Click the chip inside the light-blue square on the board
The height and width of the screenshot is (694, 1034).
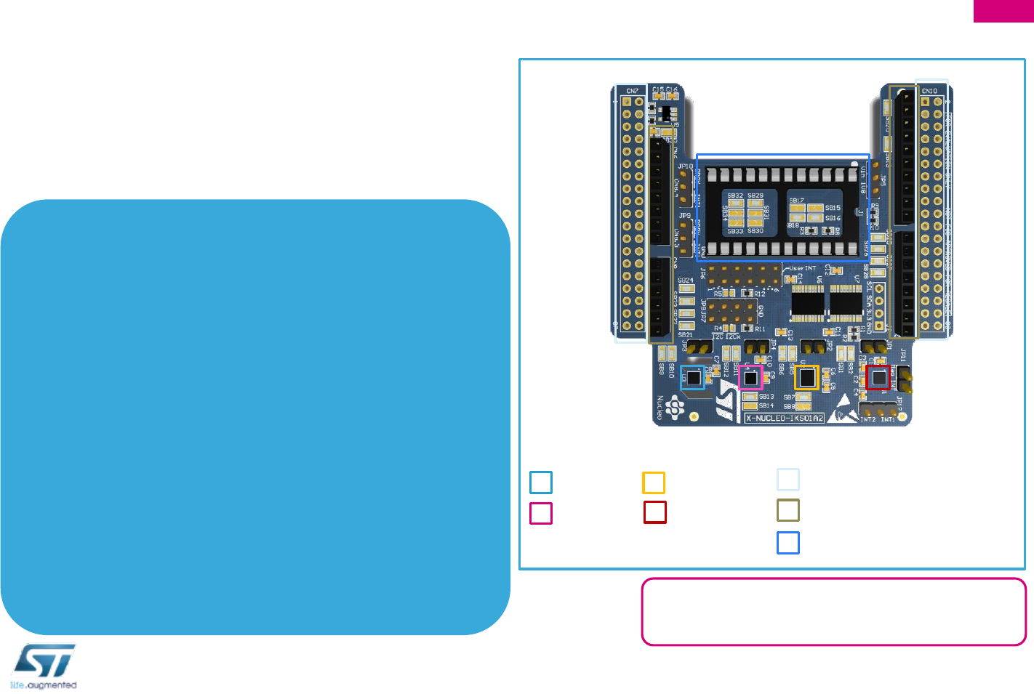click(693, 378)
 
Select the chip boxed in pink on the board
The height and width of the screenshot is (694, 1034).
click(750, 378)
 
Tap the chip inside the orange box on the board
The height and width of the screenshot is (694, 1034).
click(806, 377)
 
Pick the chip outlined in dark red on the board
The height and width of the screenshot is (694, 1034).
click(878, 377)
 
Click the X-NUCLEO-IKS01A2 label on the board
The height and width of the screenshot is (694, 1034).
click(785, 419)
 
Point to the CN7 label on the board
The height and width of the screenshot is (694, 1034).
click(632, 91)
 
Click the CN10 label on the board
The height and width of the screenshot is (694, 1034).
click(929, 91)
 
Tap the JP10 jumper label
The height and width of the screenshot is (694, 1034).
click(686, 166)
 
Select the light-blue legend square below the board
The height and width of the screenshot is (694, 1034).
click(541, 483)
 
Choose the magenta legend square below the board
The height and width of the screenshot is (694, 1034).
click(541, 513)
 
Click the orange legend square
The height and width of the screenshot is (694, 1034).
click(654, 483)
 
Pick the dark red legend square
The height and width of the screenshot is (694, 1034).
click(655, 512)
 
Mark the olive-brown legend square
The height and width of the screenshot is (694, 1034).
click(788, 510)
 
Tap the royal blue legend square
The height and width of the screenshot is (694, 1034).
click(788, 543)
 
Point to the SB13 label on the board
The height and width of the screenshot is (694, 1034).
click(766, 397)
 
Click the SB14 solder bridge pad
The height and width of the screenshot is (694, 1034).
click(750, 405)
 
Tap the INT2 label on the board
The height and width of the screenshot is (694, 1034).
click(867, 419)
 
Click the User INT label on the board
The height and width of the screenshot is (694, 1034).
click(803, 268)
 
